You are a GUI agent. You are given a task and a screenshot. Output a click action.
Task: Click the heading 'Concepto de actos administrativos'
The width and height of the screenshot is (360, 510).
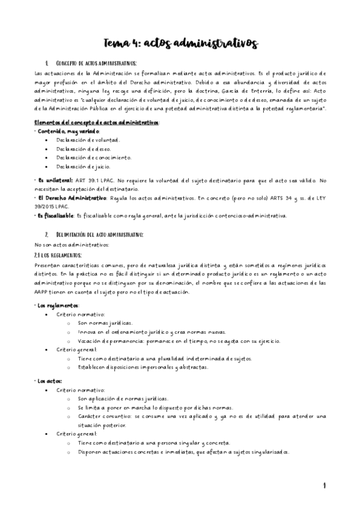coord(96,63)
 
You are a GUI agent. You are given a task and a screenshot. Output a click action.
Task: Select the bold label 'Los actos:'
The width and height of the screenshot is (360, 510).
coord(50,381)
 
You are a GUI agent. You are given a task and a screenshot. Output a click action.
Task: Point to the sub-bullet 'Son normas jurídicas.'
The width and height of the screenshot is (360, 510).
coord(105,323)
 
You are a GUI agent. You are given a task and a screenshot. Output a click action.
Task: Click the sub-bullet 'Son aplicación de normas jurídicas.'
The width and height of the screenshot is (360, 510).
coord(123,399)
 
